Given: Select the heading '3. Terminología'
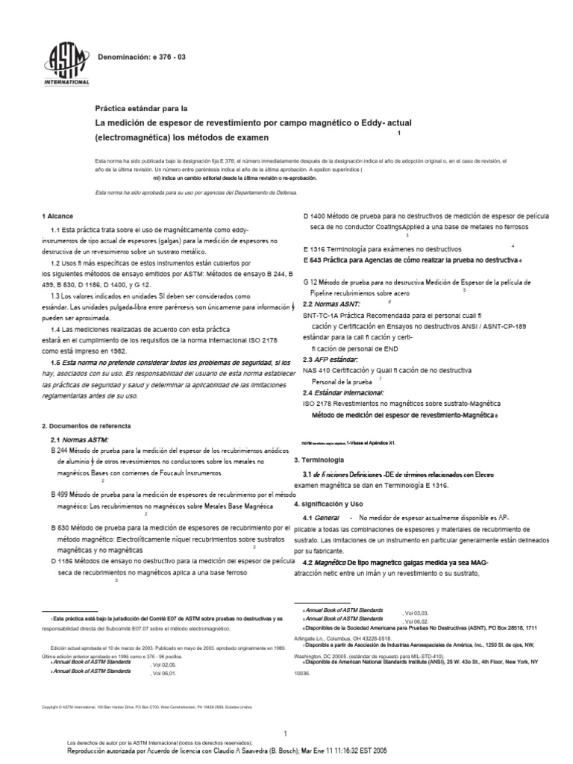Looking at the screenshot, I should [319, 460].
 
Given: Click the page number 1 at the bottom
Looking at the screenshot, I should [286, 713].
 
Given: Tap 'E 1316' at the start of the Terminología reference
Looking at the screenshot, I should [316, 248].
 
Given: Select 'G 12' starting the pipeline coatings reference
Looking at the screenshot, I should [311, 282].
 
